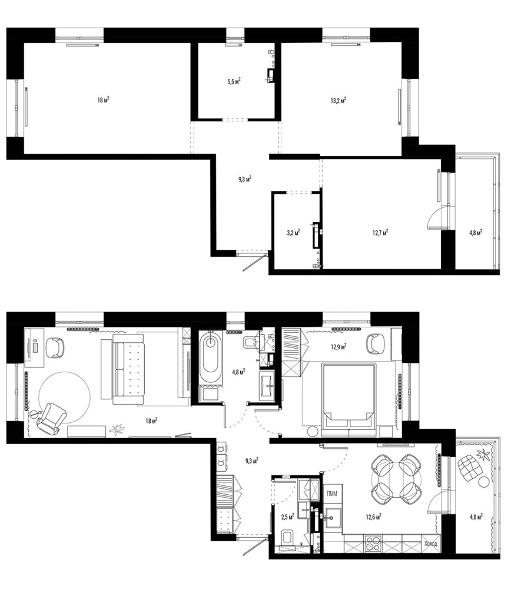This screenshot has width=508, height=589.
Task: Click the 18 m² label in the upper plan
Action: tap(103, 100)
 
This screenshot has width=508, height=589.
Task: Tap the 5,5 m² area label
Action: tap(234, 81)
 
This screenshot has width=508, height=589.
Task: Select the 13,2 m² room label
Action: tap(338, 100)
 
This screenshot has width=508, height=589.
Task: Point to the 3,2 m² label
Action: tap(293, 233)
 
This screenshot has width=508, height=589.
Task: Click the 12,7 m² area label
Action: tap(380, 232)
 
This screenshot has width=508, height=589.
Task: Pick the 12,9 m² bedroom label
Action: tap(338, 346)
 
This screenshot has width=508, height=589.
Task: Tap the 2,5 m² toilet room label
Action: tap(288, 517)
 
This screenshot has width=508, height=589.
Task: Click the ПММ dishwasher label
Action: tap(332, 494)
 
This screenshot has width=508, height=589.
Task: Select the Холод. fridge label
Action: tap(430, 544)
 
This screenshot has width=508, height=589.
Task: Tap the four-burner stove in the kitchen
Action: tap(373, 544)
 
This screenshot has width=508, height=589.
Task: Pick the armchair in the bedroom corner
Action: tap(376, 344)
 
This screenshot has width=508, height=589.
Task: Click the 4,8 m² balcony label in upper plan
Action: tap(476, 233)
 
